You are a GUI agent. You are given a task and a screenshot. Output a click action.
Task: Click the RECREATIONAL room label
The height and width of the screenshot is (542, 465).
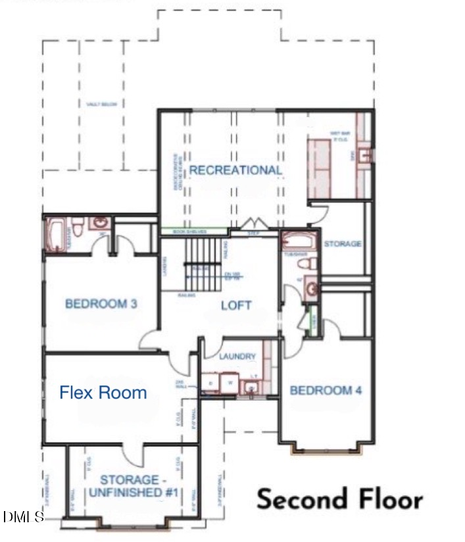(x=235, y=170)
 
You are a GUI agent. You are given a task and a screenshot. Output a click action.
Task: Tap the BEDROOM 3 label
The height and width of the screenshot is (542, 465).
(x=101, y=304)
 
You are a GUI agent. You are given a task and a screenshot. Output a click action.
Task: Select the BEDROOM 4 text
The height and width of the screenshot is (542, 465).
(x=326, y=390)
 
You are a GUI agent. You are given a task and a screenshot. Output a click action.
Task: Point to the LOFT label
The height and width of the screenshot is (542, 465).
(x=236, y=305)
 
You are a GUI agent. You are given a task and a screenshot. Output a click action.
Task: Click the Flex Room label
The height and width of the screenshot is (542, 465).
(x=103, y=393)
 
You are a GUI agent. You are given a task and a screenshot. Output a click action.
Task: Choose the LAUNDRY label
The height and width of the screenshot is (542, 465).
(x=238, y=356)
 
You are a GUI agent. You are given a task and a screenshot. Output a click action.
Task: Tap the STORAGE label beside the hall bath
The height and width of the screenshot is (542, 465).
(x=342, y=244)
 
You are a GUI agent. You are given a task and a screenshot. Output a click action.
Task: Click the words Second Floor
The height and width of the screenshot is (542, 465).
(x=339, y=499)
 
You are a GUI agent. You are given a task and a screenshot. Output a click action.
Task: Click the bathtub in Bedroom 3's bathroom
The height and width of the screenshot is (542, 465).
(x=55, y=234)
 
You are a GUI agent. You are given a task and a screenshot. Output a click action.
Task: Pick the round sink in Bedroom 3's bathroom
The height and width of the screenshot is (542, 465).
(x=99, y=224)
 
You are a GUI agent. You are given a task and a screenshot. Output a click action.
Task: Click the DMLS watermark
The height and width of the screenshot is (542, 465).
(x=23, y=516)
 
